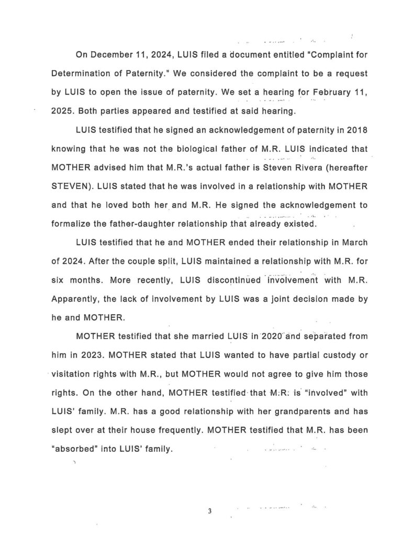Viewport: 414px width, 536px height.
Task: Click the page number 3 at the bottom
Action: tap(209, 511)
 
